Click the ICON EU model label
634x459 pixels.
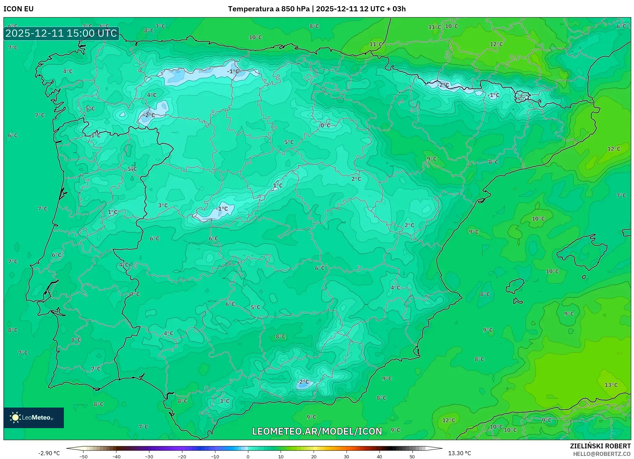coord(19,9)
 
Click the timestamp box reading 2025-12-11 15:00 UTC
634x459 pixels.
coord(61,33)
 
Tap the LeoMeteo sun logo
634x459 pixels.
coord(15,417)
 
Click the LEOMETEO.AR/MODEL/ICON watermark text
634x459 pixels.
coord(317,431)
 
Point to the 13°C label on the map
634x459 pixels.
coord(611,385)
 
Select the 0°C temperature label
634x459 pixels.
coord(325,125)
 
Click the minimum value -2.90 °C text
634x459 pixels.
coord(49,453)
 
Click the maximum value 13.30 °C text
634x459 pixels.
coord(459,453)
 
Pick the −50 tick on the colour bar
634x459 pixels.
coord(83,457)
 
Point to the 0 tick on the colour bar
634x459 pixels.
coord(248,457)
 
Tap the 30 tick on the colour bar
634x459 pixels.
coord(346,457)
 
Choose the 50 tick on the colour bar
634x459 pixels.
coord(412,457)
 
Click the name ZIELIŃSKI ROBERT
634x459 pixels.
coord(600,446)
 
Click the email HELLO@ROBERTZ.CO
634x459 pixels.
coord(602,454)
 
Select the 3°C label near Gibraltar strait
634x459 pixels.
coord(224,401)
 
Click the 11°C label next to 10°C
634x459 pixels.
coord(434,27)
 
